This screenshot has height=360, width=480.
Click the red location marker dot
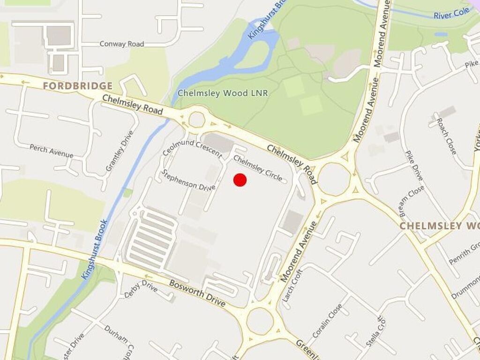[x=240, y=180]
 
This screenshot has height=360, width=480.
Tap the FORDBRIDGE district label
[x=78, y=86]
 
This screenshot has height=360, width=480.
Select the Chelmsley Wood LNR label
[x=223, y=93]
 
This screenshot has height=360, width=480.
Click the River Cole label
[x=451, y=13]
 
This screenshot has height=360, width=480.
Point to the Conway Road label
[x=121, y=44]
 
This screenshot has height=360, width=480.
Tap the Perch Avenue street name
[x=51, y=151]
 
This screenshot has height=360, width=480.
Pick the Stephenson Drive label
[x=188, y=180]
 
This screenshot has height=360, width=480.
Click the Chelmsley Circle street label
[x=258, y=168]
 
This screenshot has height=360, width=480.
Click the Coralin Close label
[x=327, y=322]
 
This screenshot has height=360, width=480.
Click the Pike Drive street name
[x=414, y=165]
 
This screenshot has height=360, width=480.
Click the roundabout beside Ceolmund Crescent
[x=197, y=120]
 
